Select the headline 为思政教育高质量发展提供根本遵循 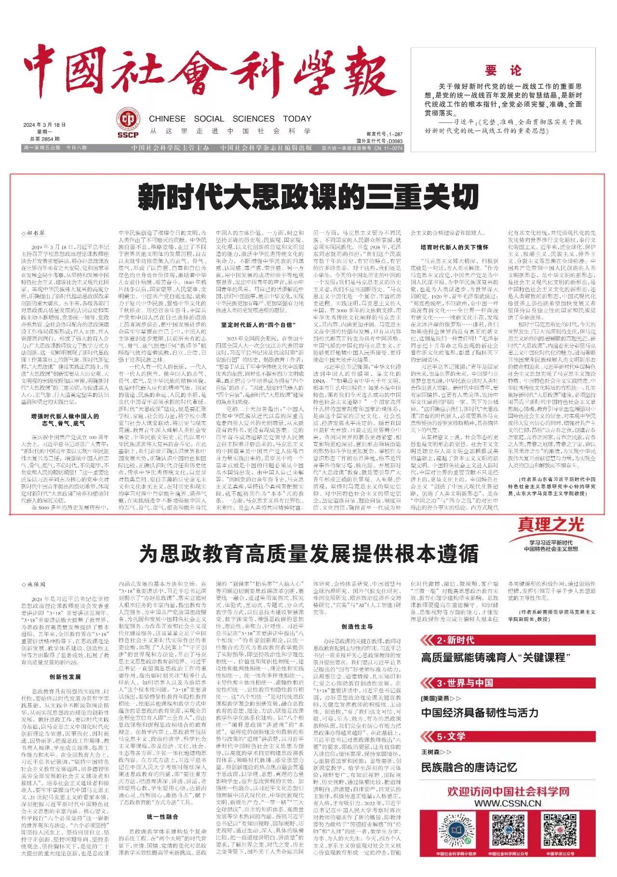tap(308, 553)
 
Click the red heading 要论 tap(503, 70)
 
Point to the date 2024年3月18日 tap(44, 125)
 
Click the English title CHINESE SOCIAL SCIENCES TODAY tap(230, 119)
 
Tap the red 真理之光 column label tap(551, 524)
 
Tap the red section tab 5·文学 tap(451, 736)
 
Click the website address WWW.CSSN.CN tap(508, 804)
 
